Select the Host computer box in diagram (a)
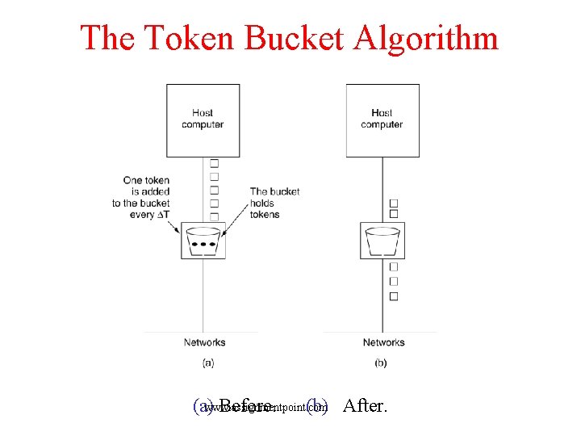(203, 119)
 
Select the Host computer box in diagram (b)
(382, 119)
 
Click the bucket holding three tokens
(203, 240)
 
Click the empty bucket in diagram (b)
(382, 240)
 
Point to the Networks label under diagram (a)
(204, 342)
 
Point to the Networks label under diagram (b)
(383, 342)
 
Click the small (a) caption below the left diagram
(207, 363)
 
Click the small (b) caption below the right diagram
(381, 363)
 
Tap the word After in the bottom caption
(365, 405)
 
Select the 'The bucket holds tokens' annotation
(274, 203)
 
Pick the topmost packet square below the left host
(214, 163)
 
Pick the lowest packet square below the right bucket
(394, 296)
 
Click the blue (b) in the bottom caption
(317, 405)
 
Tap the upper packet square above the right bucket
(394, 203)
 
